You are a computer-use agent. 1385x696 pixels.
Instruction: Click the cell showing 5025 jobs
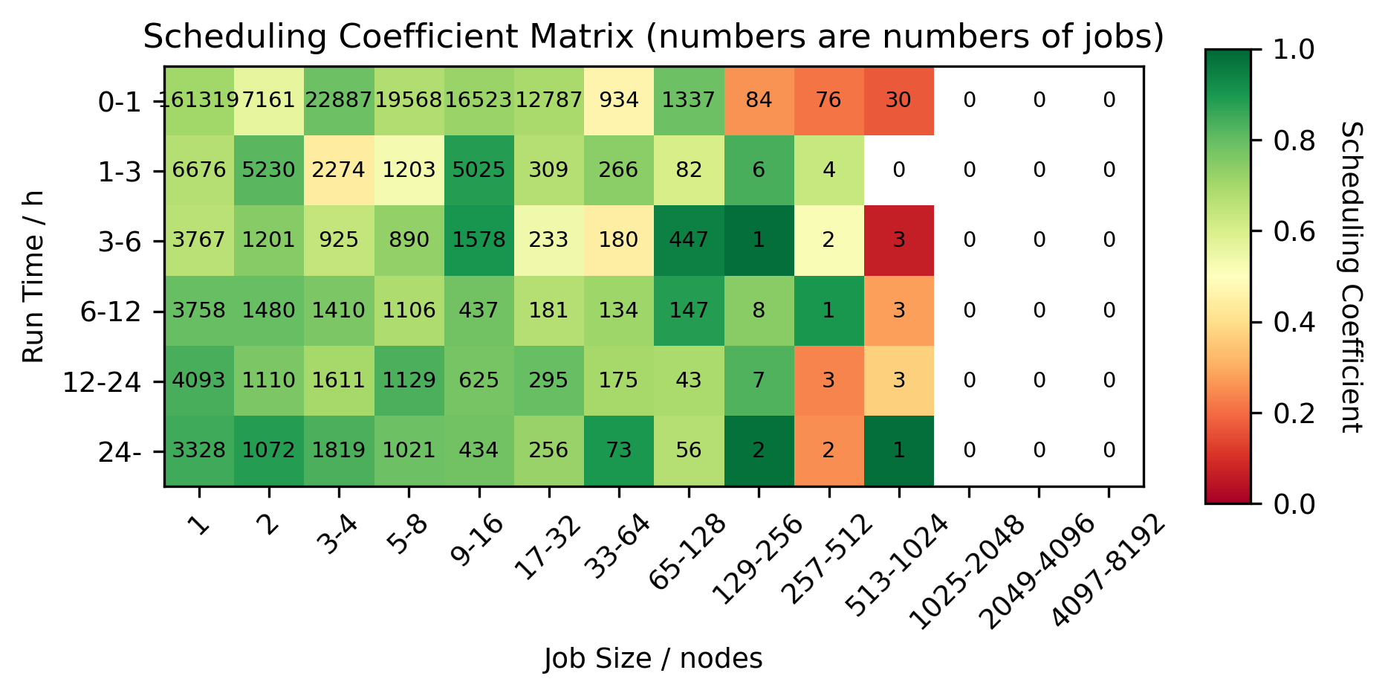click(x=479, y=170)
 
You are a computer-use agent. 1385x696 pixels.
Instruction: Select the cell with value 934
click(x=618, y=100)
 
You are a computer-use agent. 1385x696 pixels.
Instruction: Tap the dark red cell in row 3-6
click(x=898, y=240)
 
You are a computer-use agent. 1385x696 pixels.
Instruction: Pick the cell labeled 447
click(x=689, y=240)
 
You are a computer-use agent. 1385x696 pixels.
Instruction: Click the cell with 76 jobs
click(x=828, y=100)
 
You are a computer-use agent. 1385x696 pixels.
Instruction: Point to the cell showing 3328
click(x=198, y=451)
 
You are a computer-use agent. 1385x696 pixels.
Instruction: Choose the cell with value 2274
click(x=339, y=170)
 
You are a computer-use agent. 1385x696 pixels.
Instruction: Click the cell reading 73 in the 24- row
click(x=618, y=451)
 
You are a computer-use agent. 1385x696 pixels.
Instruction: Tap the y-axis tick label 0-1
click(x=119, y=103)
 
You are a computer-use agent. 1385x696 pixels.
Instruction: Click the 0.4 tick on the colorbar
click(x=1294, y=323)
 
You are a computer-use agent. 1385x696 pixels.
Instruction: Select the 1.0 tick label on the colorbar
click(x=1294, y=50)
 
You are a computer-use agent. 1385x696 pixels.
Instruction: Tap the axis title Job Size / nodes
click(x=652, y=659)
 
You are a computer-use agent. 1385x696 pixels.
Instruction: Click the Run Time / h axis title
click(x=33, y=276)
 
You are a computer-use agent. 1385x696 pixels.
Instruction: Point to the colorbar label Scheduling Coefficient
click(x=1352, y=276)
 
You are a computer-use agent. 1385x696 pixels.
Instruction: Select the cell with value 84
click(x=759, y=100)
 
